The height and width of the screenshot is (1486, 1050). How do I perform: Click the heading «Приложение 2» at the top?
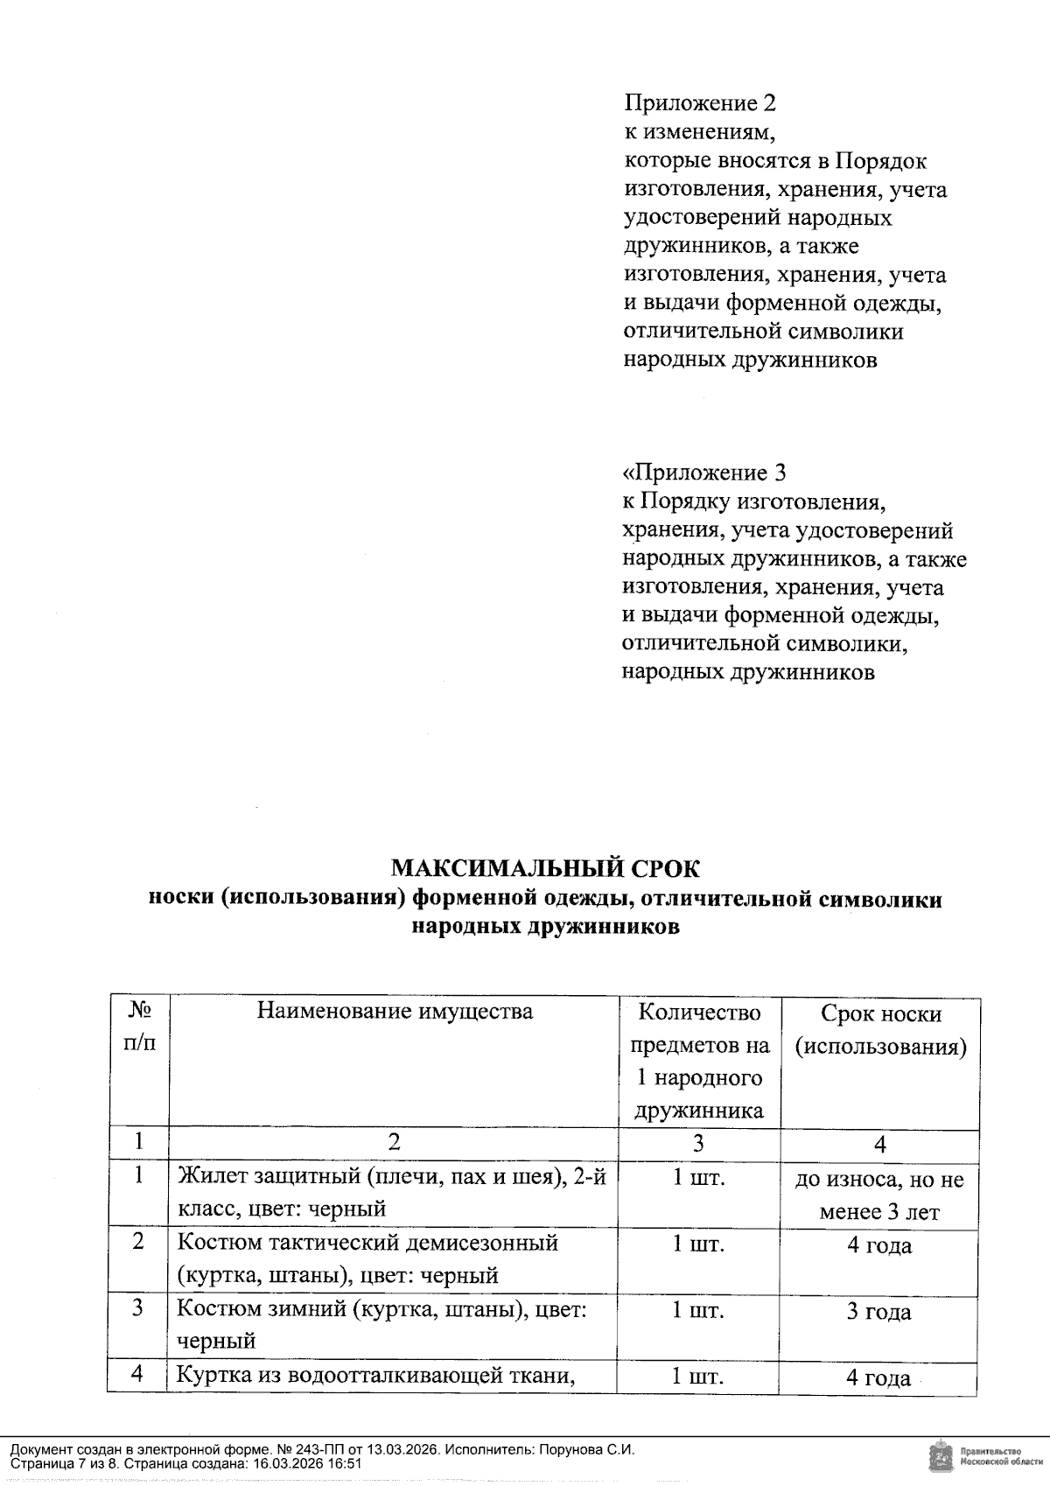tap(699, 104)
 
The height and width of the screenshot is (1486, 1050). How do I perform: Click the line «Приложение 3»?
tap(704, 473)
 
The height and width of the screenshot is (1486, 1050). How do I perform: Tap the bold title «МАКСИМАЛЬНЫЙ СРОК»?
tap(545, 868)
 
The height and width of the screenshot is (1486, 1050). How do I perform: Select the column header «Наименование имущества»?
tap(395, 1012)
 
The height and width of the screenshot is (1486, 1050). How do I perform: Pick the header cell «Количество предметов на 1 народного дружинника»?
tap(699, 1062)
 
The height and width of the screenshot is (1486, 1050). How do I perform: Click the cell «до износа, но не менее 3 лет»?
tap(880, 1195)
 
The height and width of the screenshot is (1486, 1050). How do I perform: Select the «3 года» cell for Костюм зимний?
tap(879, 1312)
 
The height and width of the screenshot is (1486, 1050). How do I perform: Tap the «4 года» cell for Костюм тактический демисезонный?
tap(879, 1245)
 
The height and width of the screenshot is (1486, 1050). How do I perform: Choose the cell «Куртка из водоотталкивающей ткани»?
tap(376, 1376)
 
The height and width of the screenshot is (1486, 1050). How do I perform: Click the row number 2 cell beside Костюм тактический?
tap(138, 1243)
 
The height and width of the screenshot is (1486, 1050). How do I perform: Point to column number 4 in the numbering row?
tap(880, 1144)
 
